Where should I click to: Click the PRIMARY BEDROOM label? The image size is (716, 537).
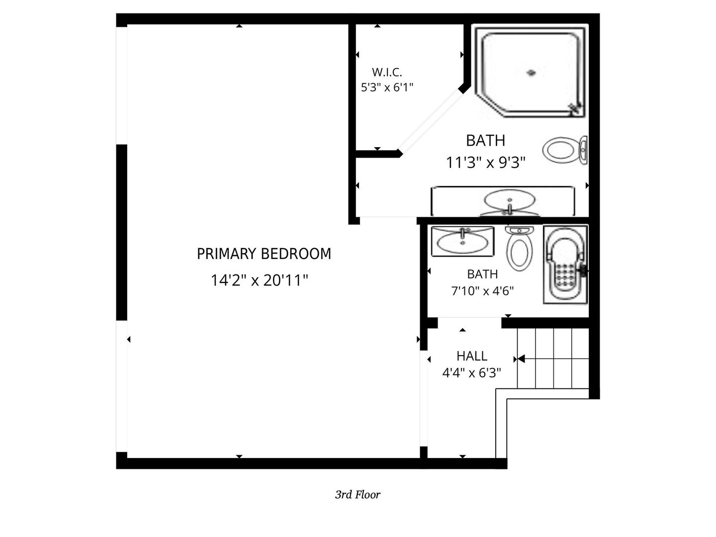tap(264, 254)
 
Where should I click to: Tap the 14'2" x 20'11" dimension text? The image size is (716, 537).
tap(260, 280)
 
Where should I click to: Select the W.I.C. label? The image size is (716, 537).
tap(387, 72)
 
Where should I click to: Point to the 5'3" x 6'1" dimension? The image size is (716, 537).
tap(387, 88)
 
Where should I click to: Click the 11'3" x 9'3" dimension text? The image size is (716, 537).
tap(486, 163)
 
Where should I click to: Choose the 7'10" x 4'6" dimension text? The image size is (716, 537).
tap(482, 290)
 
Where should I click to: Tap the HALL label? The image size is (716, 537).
tap(472, 356)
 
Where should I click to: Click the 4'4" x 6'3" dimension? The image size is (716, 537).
tap(472, 372)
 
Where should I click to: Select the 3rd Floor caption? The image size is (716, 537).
tap(358, 495)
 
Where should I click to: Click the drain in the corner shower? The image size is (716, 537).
tap(532, 73)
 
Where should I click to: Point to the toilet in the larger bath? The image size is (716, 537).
tap(565, 150)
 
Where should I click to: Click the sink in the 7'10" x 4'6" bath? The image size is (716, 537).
tap(462, 241)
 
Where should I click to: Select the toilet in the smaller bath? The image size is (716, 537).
tap(519, 249)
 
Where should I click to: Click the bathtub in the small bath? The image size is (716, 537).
tap(565, 265)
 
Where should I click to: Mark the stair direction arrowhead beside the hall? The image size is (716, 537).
tap(521, 359)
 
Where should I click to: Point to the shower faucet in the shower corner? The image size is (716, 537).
tap(575, 109)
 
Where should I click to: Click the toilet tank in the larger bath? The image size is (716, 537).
tap(583, 150)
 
